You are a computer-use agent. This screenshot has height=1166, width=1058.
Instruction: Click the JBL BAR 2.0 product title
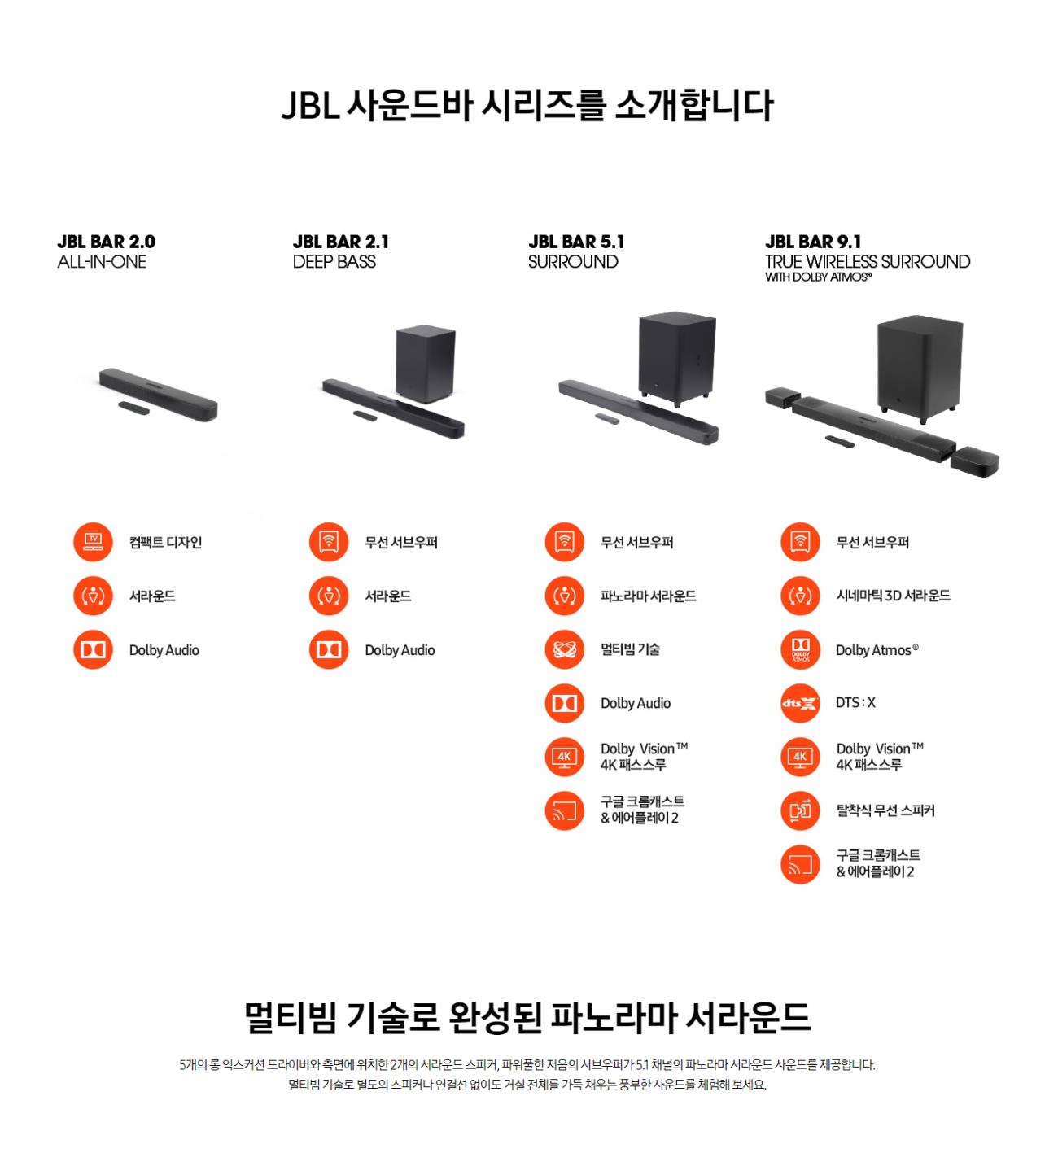(107, 242)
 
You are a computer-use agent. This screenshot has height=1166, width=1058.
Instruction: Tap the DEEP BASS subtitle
(334, 262)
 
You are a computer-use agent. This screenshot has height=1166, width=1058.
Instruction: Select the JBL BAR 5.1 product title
(576, 242)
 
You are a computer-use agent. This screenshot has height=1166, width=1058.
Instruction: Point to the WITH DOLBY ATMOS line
(819, 277)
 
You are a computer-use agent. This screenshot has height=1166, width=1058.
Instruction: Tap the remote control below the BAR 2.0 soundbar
(133, 408)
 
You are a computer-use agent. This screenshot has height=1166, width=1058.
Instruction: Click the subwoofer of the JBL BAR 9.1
(919, 369)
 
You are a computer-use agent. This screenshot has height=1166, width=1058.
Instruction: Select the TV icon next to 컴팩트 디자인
(93, 542)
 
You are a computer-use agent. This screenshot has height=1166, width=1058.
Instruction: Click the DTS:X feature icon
(800, 703)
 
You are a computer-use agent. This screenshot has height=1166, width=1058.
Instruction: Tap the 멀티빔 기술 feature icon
(564, 650)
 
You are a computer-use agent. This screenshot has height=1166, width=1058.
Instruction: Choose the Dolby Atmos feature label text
(877, 650)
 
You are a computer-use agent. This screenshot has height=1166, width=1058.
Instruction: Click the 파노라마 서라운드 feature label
(648, 596)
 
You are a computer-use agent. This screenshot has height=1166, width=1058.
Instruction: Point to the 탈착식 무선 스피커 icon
(800, 811)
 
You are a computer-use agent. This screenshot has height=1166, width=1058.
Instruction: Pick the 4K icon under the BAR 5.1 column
(564, 757)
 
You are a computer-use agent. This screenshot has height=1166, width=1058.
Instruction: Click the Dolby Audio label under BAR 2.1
(400, 650)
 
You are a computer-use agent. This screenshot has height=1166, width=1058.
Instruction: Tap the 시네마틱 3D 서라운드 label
(893, 596)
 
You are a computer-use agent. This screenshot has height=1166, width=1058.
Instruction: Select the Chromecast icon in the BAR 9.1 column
(800, 864)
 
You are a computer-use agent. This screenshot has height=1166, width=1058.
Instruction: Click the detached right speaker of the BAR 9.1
(975, 461)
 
